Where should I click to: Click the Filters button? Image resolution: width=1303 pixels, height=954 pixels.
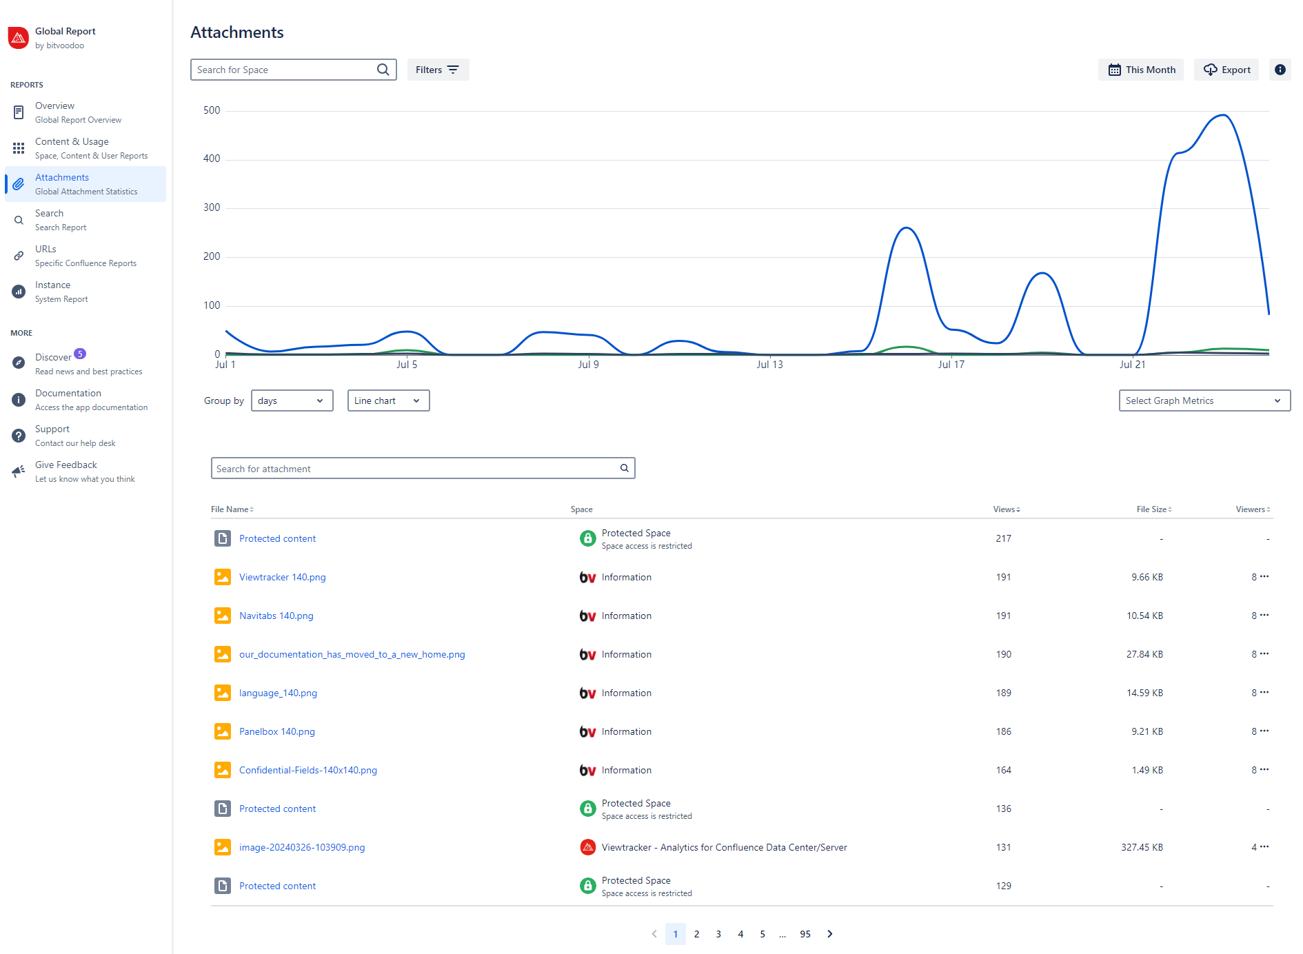tap(438, 70)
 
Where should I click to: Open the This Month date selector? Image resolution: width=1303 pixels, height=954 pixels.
tap(1140, 70)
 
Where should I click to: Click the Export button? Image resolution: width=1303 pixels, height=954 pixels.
tap(1226, 70)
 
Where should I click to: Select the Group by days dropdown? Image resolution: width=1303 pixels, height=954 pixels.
tap(292, 400)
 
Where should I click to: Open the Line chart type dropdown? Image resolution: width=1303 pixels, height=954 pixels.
tap(388, 400)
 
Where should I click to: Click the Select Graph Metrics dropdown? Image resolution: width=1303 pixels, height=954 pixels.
tap(1204, 400)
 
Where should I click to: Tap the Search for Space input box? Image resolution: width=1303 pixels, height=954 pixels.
tap(286, 70)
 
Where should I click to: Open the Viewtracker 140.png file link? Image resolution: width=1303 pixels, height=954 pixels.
tap(282, 577)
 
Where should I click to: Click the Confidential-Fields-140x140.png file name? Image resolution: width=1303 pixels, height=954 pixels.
tap(307, 770)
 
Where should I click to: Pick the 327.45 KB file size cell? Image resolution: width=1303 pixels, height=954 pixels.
tap(1142, 847)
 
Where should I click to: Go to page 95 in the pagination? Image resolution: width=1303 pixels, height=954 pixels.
tap(805, 934)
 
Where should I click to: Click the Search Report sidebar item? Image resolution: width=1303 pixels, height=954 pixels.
tap(60, 220)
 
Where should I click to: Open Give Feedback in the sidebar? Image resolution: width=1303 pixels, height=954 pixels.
tap(66, 471)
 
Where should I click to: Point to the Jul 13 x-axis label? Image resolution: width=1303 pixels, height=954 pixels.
tap(769, 365)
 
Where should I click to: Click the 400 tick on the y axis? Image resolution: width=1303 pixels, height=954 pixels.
tap(212, 159)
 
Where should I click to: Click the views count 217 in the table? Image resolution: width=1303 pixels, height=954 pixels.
tap(1003, 538)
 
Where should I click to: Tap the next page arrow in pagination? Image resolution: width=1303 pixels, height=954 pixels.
tap(830, 934)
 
